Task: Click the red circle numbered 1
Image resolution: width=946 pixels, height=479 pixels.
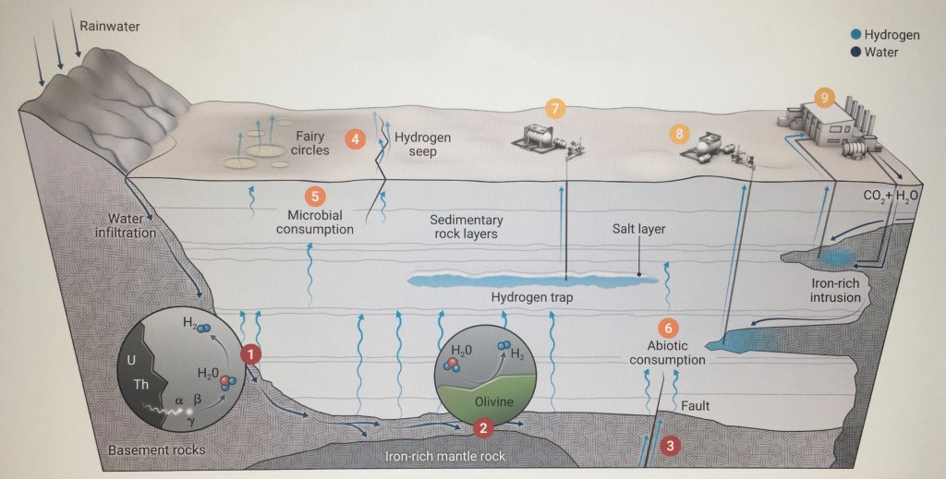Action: (x=250, y=353)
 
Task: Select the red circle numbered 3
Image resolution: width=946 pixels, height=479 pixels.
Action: (x=672, y=445)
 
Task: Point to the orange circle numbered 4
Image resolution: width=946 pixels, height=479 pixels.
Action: (x=355, y=140)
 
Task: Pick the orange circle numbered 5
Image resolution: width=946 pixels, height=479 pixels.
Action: (x=315, y=196)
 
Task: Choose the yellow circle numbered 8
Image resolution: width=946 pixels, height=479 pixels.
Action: (x=681, y=134)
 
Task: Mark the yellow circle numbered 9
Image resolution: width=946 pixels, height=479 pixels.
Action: (x=825, y=95)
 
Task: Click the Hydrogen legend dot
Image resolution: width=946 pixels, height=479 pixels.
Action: (x=855, y=34)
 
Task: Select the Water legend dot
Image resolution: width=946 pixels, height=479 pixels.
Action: (x=855, y=53)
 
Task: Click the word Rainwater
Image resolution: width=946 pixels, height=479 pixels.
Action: (x=110, y=25)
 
